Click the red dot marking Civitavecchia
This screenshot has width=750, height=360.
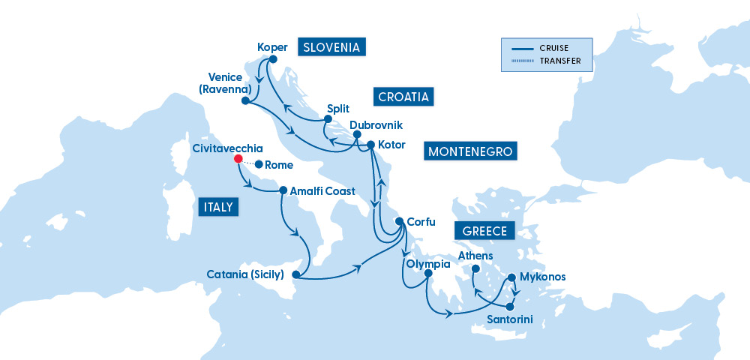click(238, 159)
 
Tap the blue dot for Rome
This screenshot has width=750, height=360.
click(259, 164)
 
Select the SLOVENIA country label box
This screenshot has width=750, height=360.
click(331, 47)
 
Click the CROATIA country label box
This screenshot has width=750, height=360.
click(403, 97)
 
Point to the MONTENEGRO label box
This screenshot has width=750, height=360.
click(470, 151)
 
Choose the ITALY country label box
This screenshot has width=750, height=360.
click(218, 207)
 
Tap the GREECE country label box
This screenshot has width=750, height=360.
click(484, 231)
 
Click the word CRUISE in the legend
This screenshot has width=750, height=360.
click(553, 48)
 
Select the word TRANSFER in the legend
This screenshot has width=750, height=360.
click(559, 61)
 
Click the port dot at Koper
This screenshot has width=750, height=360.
click(273, 59)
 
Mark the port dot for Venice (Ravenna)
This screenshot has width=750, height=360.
click(245, 100)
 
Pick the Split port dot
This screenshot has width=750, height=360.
click(328, 119)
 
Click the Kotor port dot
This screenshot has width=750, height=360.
click(370, 144)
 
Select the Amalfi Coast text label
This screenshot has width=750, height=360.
click(322, 191)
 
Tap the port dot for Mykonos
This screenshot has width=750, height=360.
click(512, 277)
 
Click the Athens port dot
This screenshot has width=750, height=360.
click(475, 268)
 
